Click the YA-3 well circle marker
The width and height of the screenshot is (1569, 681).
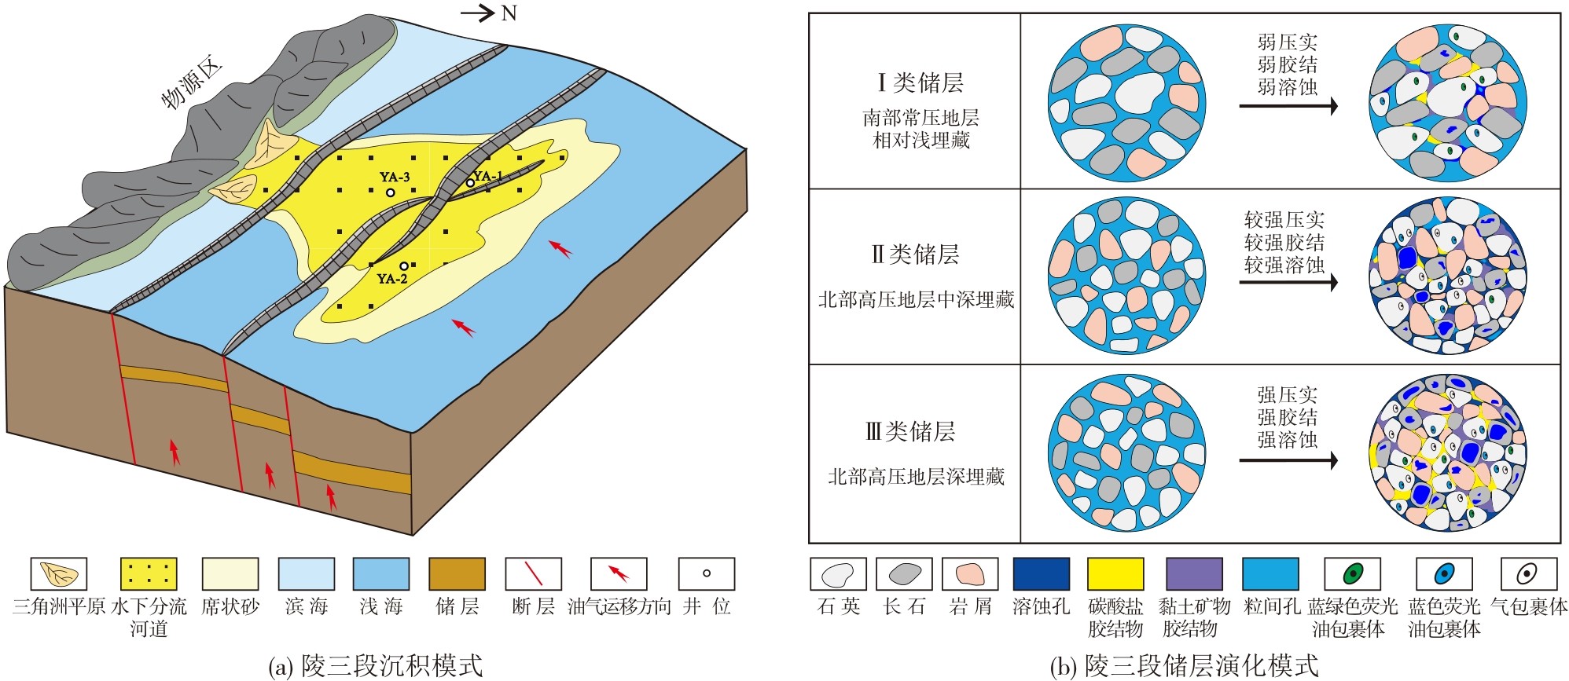(390, 192)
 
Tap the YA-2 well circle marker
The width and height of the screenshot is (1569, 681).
(404, 266)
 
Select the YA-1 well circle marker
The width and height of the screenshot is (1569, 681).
(470, 183)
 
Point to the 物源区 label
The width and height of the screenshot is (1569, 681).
(192, 85)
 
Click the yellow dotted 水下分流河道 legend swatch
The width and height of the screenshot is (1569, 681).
(149, 574)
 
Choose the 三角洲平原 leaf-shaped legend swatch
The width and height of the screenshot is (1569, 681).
(59, 574)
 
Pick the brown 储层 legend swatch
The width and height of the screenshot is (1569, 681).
(457, 574)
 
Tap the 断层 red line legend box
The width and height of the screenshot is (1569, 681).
(534, 574)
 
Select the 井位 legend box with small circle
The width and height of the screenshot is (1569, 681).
(706, 574)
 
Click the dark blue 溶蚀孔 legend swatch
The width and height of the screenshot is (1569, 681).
(1041, 574)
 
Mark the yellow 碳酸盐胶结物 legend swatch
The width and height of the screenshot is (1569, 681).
(1115, 574)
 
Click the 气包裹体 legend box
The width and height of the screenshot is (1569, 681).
(1528, 574)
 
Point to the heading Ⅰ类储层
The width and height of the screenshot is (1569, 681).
(920, 82)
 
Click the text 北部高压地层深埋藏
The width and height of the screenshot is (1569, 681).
(916, 477)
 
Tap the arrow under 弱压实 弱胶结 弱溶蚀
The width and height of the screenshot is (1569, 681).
(1288, 106)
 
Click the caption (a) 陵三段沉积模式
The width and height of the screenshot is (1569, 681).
(375, 666)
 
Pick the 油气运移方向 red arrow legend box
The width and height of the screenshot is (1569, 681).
(619, 574)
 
